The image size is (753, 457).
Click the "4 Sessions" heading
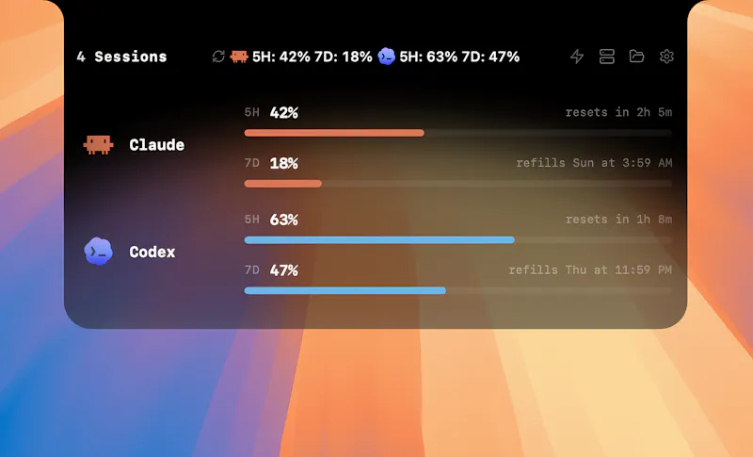click(121, 57)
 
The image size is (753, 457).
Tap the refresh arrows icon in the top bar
click(218, 57)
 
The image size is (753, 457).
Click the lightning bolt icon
click(577, 57)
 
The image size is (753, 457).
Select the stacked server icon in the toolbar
click(607, 57)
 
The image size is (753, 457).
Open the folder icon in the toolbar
click(637, 57)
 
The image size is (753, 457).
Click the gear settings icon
click(666, 57)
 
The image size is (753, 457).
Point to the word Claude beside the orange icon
click(156, 145)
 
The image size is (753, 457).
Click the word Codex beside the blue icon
click(152, 252)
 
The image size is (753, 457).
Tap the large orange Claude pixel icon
click(99, 145)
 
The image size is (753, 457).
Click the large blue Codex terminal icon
click(99, 252)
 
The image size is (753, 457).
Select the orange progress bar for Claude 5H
click(334, 133)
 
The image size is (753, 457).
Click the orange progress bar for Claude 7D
click(283, 184)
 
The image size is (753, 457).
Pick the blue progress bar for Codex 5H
click(379, 239)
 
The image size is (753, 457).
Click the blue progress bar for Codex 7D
click(345, 290)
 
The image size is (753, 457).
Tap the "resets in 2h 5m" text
click(618, 112)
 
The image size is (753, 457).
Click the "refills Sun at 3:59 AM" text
click(594, 163)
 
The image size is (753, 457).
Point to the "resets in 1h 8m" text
click(618, 220)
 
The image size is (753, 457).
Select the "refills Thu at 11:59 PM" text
click(590, 270)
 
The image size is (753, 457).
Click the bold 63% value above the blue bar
click(284, 220)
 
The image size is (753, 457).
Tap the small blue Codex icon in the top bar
click(387, 57)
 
